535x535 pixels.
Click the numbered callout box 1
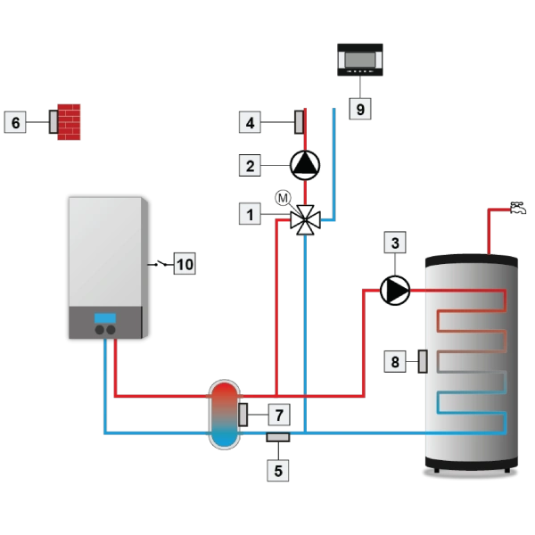click(x=251, y=214)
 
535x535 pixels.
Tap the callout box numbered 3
click(x=394, y=242)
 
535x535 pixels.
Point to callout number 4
click(x=251, y=120)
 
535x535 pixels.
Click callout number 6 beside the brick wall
click(x=16, y=121)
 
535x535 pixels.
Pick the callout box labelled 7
click(x=277, y=415)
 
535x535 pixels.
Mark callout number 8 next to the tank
click(x=393, y=362)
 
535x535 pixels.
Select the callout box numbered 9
click(x=359, y=108)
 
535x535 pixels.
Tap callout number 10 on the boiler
click(x=184, y=264)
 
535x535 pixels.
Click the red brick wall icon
click(x=70, y=120)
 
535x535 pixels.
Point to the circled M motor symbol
click(x=283, y=197)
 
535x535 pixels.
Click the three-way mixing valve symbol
click(x=305, y=219)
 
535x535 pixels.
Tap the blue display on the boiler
click(x=106, y=318)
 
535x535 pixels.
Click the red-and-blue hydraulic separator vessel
click(x=224, y=414)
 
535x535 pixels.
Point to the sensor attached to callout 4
click(x=300, y=120)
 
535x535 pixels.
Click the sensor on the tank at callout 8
click(x=422, y=362)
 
